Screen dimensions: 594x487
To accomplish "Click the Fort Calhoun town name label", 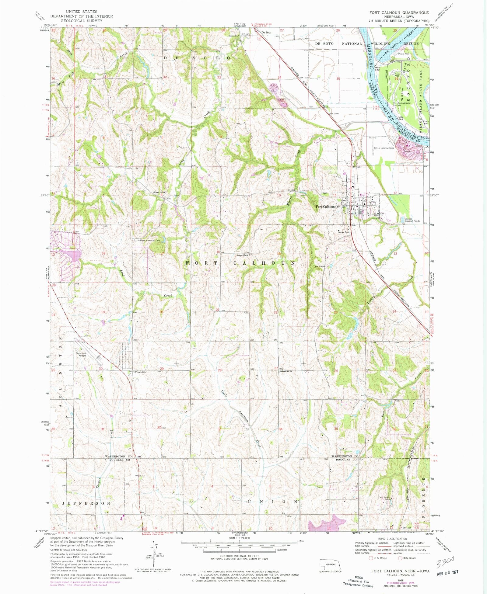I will (x=325, y=207).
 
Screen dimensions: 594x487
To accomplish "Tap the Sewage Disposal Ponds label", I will (x=412, y=220).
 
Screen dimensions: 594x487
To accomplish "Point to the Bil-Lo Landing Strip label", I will (x=384, y=148).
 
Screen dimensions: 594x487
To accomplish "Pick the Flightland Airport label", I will (x=81, y=354).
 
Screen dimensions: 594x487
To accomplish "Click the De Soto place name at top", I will (x=266, y=32).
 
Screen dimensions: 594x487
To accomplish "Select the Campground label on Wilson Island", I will (x=405, y=103).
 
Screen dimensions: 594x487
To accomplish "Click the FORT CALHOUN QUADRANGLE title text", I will (x=399, y=12).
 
